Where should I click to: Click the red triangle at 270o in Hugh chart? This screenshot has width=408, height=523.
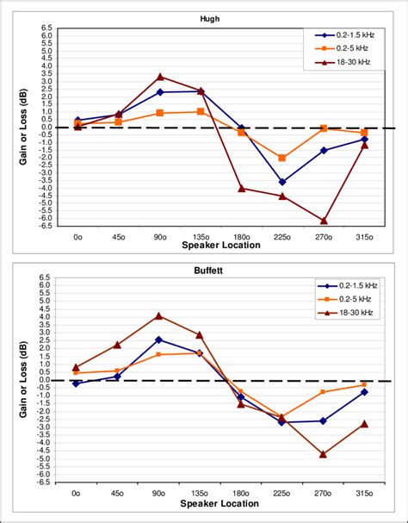click(324, 221)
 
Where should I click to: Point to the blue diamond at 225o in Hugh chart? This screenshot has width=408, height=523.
click(282, 182)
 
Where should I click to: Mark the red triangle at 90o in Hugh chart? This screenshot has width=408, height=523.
click(160, 77)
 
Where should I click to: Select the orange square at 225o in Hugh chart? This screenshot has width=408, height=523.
click(282, 158)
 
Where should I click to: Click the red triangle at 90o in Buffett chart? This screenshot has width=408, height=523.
click(159, 316)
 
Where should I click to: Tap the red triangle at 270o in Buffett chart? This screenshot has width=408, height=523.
click(324, 454)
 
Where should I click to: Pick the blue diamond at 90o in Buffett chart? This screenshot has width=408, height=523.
click(159, 339)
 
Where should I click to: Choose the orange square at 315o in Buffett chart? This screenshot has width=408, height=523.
click(364, 384)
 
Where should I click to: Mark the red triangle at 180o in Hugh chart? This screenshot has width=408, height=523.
click(242, 188)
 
